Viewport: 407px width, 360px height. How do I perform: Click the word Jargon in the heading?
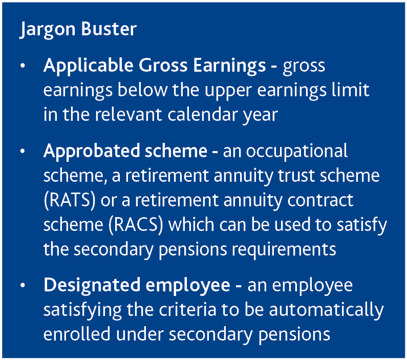tap(47, 29)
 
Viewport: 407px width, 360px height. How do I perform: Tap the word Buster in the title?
tap(109, 29)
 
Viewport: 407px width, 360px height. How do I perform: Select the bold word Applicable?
tap(89, 66)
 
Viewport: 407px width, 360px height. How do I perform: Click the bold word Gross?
tap(163, 65)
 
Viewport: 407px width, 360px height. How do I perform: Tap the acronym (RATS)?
tap(70, 200)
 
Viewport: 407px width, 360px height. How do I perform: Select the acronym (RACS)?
tap(136, 225)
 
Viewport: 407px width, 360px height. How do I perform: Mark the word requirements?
tap(284, 250)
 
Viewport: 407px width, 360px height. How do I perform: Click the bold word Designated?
tap(92, 285)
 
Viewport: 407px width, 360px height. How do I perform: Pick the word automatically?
tap(326, 310)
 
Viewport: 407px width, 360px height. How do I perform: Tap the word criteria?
tap(187, 310)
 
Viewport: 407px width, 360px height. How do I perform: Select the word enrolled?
tap(77, 334)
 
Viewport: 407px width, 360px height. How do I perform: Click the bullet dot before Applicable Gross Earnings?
tap(23, 66)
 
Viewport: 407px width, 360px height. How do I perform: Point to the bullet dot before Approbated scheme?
tap(23, 151)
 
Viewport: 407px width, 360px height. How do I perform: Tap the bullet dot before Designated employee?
tap(23, 285)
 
